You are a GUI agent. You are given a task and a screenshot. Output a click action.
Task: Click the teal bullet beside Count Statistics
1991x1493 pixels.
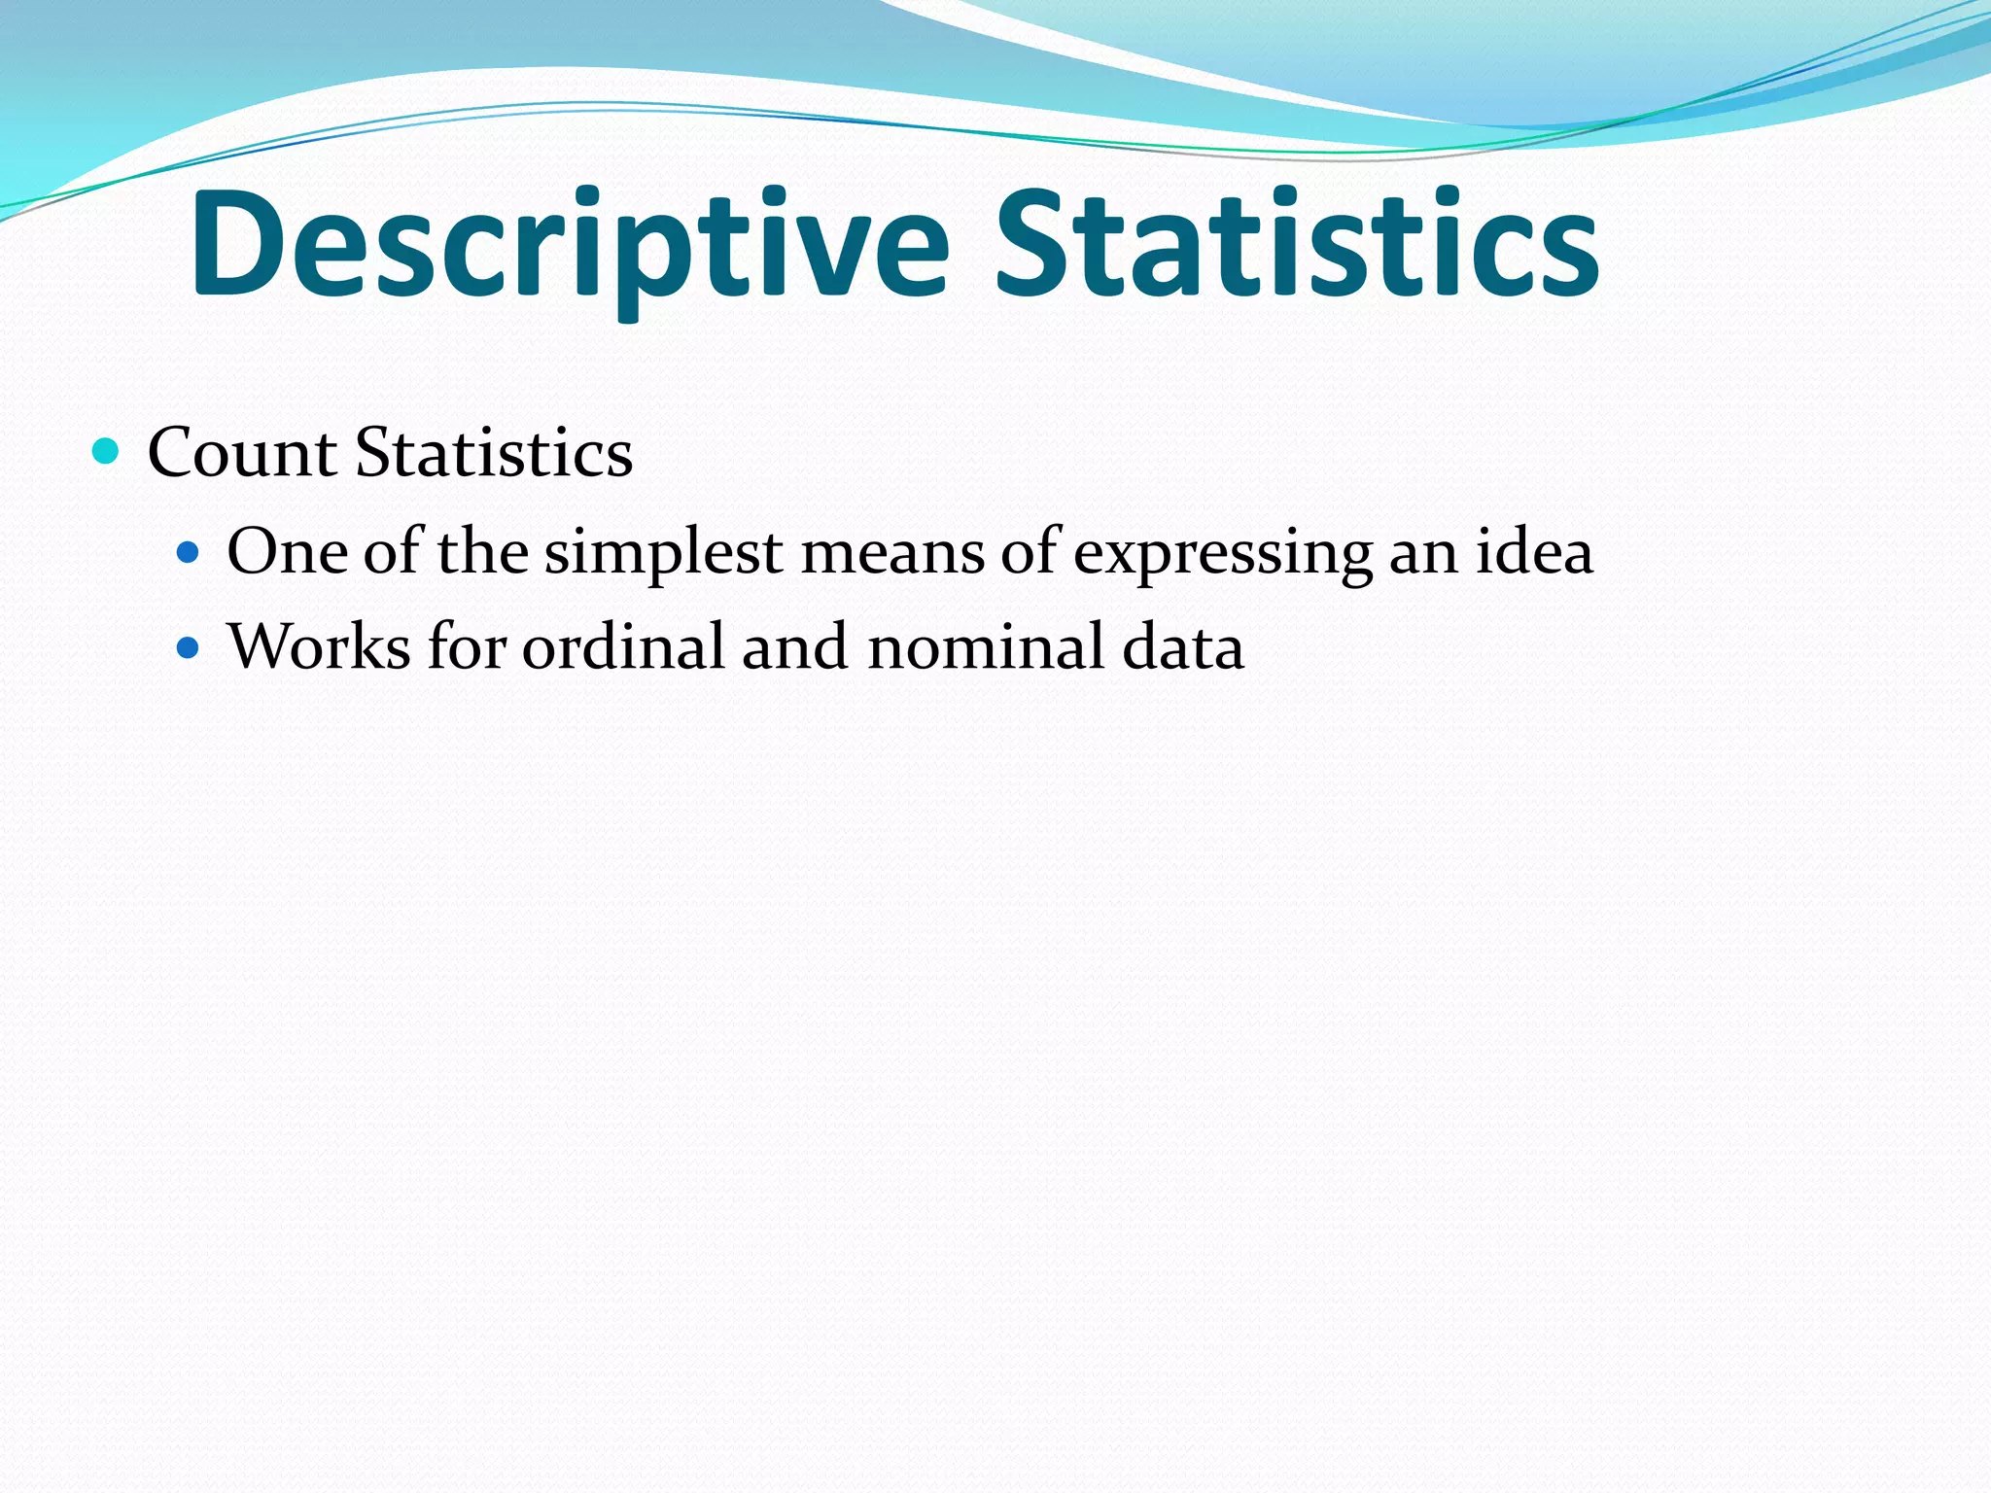(105, 451)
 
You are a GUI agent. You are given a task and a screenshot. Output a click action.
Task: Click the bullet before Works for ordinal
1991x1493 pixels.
(188, 647)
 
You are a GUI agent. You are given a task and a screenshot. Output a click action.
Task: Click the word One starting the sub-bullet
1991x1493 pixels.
(287, 552)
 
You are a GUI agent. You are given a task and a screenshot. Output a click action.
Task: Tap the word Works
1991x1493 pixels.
(319, 646)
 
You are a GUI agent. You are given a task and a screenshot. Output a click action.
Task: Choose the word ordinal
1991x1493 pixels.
(623, 646)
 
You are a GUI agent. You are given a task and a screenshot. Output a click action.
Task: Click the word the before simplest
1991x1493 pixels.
(483, 552)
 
